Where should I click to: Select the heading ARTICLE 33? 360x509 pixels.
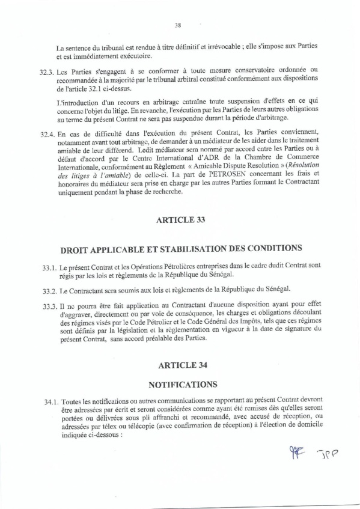pos(180,220)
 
